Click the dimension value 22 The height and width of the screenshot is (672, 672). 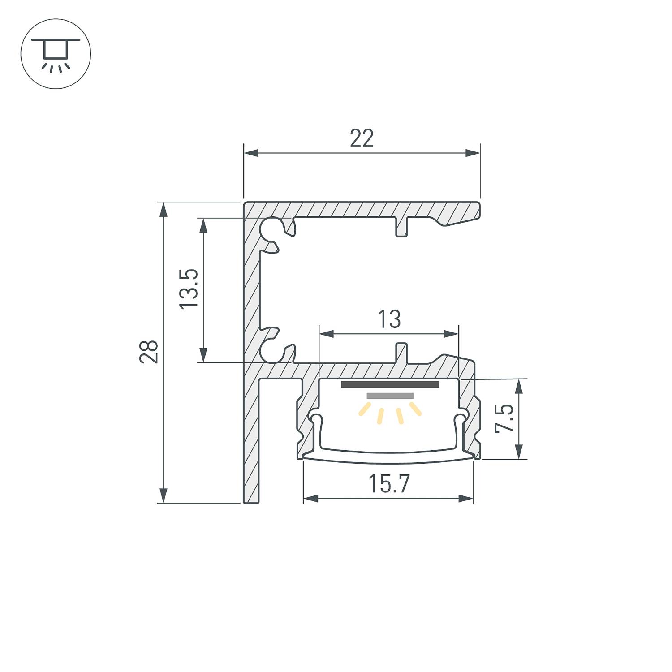[362, 138]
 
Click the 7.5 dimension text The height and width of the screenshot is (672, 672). [504, 418]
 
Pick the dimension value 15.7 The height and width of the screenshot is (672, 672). [388, 484]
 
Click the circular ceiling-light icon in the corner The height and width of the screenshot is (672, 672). [56, 54]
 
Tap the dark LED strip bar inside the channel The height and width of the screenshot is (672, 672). [390, 384]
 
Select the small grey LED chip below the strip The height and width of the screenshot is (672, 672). [390, 396]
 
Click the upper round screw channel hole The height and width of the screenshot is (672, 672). [271, 228]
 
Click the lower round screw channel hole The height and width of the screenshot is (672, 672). [271, 352]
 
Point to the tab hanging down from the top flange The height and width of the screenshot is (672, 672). [402, 228]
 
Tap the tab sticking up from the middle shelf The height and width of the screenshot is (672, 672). [402, 353]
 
